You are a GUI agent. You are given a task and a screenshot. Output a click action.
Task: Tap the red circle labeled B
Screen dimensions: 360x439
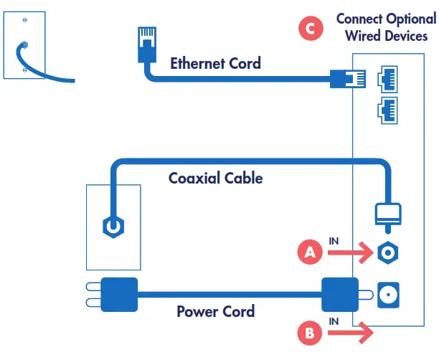click(309, 332)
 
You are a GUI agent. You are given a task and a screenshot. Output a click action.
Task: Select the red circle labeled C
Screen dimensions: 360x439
click(309, 29)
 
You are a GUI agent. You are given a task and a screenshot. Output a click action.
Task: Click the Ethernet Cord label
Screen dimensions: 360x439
click(215, 63)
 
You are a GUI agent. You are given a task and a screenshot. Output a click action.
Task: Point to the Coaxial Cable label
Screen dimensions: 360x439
click(215, 177)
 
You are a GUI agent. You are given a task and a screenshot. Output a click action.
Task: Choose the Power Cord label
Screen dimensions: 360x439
click(215, 312)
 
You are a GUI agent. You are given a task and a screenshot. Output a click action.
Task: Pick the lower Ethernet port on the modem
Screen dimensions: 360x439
click(388, 110)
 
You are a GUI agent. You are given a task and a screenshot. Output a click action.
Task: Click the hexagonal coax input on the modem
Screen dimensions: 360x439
click(388, 252)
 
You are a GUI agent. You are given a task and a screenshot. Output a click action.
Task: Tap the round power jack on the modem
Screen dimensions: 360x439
click(388, 293)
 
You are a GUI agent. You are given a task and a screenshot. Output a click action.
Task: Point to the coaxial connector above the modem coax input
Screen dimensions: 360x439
click(388, 216)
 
